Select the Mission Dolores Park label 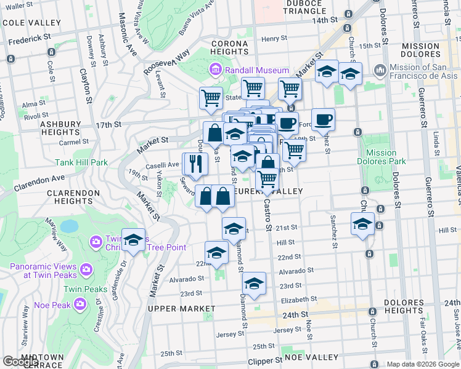(x=381, y=157)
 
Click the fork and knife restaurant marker (x=195, y=164)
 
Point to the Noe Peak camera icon (x=80, y=304)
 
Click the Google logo (x=20, y=362)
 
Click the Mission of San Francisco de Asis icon (x=380, y=69)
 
